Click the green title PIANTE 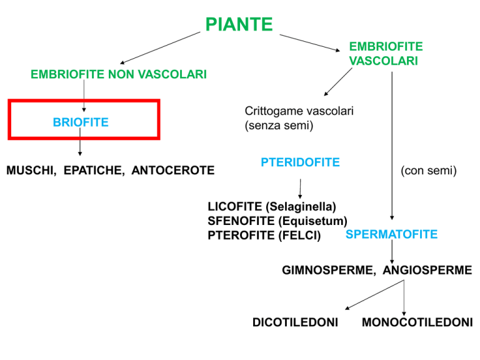pos(239,24)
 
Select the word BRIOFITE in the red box pos(81,122)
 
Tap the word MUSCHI pos(31,171)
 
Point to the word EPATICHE pos(94,171)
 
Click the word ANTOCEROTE pos(173,171)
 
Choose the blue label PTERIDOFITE pos(300,162)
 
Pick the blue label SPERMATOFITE pos(391,234)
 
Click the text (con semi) pos(429,171)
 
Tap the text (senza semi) pos(279,126)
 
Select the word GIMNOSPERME pos(328,270)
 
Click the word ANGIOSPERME pos(427,270)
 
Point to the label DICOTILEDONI pos(295,322)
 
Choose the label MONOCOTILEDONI pos(417,322)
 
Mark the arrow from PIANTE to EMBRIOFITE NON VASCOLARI pos(160,48)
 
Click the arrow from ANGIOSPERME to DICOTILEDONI pos(374,295)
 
